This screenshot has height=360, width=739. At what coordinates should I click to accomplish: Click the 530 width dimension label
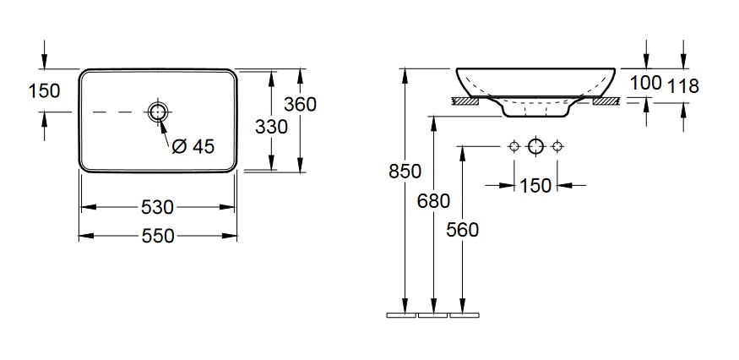click(157, 207)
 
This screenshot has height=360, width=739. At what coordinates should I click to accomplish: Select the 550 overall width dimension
click(157, 236)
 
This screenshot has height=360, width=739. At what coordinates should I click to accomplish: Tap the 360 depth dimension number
click(300, 104)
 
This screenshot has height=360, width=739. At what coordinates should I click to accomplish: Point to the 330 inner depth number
click(271, 127)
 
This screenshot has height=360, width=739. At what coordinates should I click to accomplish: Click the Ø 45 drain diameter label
click(193, 147)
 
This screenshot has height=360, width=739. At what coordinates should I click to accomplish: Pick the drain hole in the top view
click(158, 112)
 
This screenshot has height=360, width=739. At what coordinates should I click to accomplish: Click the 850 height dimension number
click(405, 172)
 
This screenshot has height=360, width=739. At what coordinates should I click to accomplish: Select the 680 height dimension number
click(433, 201)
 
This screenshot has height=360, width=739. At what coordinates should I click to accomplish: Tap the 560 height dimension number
click(462, 230)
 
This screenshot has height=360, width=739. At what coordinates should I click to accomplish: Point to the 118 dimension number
click(683, 86)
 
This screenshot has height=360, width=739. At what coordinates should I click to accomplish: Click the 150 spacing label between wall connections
click(535, 186)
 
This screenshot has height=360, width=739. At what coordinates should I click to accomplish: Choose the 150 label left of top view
click(44, 91)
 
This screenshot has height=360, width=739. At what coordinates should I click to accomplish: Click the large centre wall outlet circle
click(535, 147)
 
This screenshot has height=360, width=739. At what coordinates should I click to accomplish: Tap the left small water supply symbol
click(514, 147)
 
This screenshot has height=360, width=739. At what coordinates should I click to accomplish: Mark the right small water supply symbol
click(557, 147)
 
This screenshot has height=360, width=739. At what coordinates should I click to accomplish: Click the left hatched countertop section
click(465, 101)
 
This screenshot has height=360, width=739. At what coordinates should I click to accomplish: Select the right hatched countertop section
click(606, 101)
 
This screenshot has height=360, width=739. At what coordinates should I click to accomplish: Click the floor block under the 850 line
click(401, 315)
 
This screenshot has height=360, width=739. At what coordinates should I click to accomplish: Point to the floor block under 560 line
click(465, 315)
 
